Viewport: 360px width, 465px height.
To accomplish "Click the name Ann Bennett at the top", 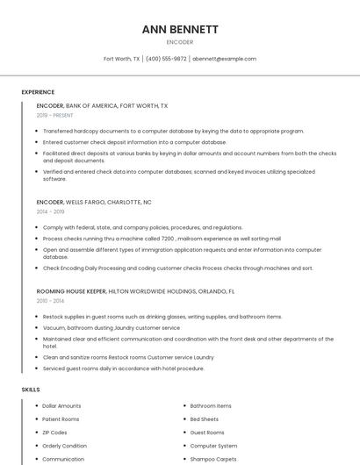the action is pyautogui.click(x=179, y=29).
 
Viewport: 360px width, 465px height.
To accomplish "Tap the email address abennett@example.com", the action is pyautogui.click(x=224, y=59).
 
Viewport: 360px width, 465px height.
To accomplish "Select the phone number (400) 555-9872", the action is pyautogui.click(x=166, y=59).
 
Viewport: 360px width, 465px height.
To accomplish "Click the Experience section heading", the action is pyautogui.click(x=38, y=92).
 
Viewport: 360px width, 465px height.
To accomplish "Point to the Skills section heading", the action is pyautogui.click(x=31, y=389).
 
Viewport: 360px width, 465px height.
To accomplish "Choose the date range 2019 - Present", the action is pyautogui.click(x=54, y=115).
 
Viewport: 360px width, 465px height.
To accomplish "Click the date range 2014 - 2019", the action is pyautogui.click(x=50, y=211).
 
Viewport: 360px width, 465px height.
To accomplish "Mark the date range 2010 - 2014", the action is pyautogui.click(x=50, y=301).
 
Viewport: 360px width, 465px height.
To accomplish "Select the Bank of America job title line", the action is pyautogui.click(x=102, y=105).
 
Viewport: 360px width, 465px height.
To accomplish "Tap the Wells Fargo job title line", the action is pyautogui.click(x=94, y=202).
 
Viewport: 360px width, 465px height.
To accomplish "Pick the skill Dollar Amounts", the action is pyautogui.click(x=61, y=406).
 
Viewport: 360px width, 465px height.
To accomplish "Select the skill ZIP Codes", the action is pyautogui.click(x=54, y=433).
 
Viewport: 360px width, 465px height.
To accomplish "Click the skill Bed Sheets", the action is pyautogui.click(x=205, y=419).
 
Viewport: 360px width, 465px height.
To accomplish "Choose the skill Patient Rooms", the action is pyautogui.click(x=61, y=419).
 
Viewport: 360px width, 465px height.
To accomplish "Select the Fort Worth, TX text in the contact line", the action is pyautogui.click(x=121, y=59).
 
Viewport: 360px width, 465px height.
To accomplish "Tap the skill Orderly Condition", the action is pyautogui.click(x=64, y=446).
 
